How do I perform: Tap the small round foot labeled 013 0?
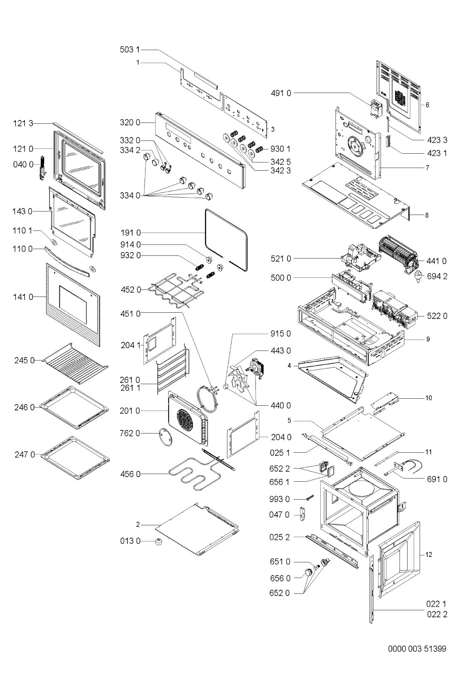pyautogui.click(x=158, y=541)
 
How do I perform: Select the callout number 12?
pyautogui.click(x=429, y=554)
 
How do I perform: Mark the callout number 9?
pyautogui.click(x=428, y=339)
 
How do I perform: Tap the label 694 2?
pyautogui.click(x=437, y=276)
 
